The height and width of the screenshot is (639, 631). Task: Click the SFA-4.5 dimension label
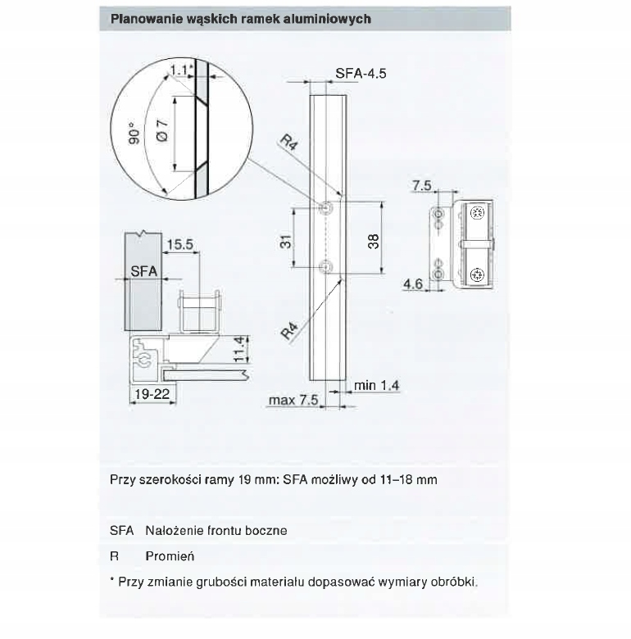click(x=361, y=74)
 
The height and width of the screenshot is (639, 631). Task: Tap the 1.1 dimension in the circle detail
click(x=179, y=70)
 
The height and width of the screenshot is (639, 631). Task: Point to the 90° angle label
click(x=134, y=134)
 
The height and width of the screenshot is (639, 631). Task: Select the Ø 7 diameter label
click(x=161, y=130)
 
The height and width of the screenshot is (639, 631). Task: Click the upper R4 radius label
click(x=289, y=143)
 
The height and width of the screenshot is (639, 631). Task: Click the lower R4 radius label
click(x=290, y=330)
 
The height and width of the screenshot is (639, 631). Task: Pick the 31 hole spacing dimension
click(x=286, y=241)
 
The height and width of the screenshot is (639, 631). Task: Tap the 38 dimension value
click(x=373, y=241)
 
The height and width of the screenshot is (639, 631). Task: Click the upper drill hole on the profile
click(x=325, y=208)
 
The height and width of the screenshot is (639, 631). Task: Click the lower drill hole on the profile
click(x=325, y=267)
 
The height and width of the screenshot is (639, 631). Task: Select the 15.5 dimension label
click(x=179, y=244)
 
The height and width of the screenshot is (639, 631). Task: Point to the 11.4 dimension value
click(x=240, y=349)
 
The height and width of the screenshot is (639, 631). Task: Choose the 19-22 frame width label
click(x=152, y=394)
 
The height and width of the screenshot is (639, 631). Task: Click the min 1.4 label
click(x=377, y=385)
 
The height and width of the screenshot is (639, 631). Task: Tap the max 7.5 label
click(x=293, y=400)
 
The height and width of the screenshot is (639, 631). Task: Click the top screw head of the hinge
click(x=477, y=213)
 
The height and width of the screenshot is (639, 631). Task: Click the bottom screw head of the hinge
click(x=477, y=275)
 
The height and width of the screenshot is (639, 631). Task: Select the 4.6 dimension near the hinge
click(x=413, y=284)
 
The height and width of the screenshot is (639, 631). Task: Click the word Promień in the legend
click(x=170, y=556)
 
